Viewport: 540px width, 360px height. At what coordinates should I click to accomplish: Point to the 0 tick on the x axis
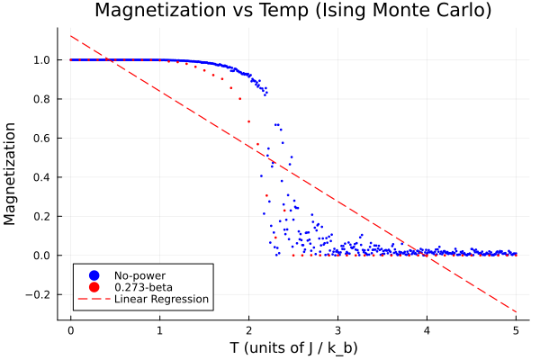coord(70,330)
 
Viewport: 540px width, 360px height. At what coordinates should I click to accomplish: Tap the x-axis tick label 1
coord(159,330)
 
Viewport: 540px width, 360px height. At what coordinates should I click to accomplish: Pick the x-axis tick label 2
coord(248,330)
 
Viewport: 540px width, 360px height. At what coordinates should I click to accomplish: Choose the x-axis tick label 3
coord(337,330)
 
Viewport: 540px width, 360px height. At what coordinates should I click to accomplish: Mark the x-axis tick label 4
coord(427,330)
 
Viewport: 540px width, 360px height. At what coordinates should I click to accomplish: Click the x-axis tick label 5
coord(516,330)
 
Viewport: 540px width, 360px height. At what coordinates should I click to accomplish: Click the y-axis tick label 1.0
coord(42,60)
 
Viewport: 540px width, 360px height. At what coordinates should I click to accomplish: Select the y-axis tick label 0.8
coord(42,99)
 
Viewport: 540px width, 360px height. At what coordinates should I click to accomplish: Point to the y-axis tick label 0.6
coord(42,138)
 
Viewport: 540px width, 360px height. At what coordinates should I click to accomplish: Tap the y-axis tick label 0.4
coord(42,177)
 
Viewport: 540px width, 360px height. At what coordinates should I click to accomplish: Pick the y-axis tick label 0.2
coord(42,216)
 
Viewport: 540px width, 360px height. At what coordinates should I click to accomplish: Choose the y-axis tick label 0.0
coord(42,255)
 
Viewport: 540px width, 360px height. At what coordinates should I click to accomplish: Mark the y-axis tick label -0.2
coord(40,294)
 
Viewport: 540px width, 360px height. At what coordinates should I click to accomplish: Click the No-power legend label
coord(139,274)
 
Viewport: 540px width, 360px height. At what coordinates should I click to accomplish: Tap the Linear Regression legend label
coord(161,299)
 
